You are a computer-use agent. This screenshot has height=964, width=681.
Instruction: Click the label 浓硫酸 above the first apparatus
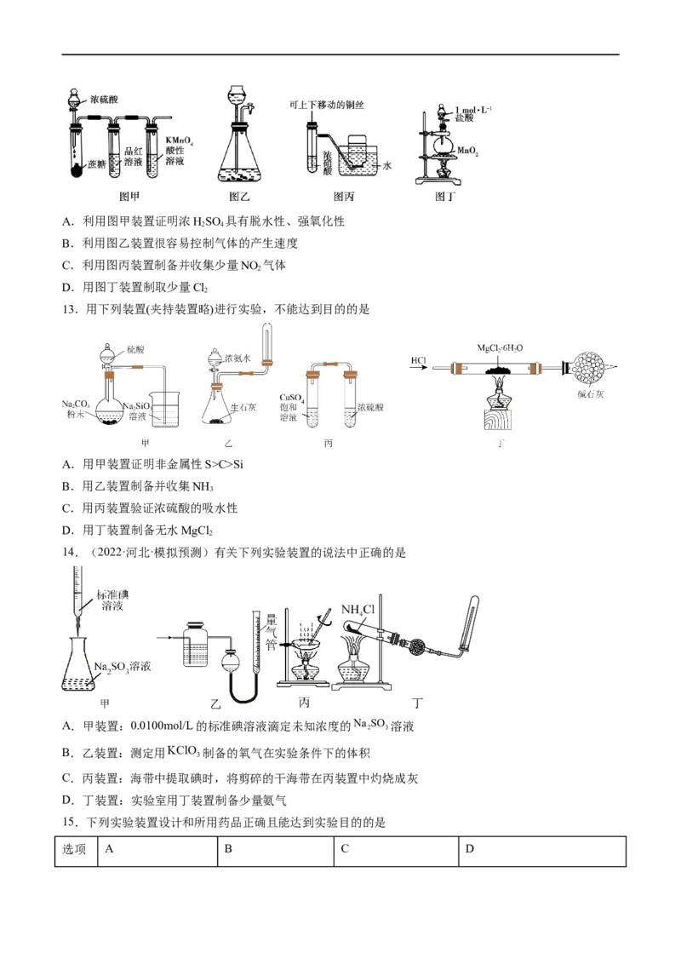[104, 100]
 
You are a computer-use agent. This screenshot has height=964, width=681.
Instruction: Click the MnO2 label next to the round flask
[467, 151]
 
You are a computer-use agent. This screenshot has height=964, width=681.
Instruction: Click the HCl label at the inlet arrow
[418, 360]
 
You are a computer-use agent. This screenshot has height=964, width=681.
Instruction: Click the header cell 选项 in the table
[75, 849]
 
